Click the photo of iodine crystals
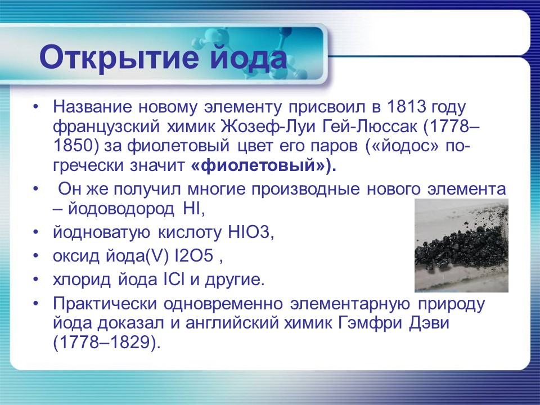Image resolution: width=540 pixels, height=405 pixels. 461,245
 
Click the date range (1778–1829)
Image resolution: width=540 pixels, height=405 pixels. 107,343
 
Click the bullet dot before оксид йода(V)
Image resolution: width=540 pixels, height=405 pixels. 36,256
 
